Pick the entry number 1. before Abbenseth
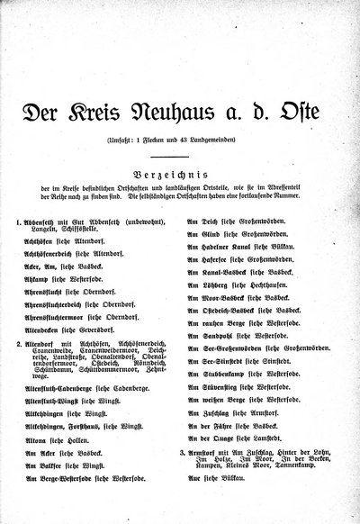(x=19, y=221)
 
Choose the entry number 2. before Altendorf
(x=19, y=344)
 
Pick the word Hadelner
(x=216, y=245)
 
